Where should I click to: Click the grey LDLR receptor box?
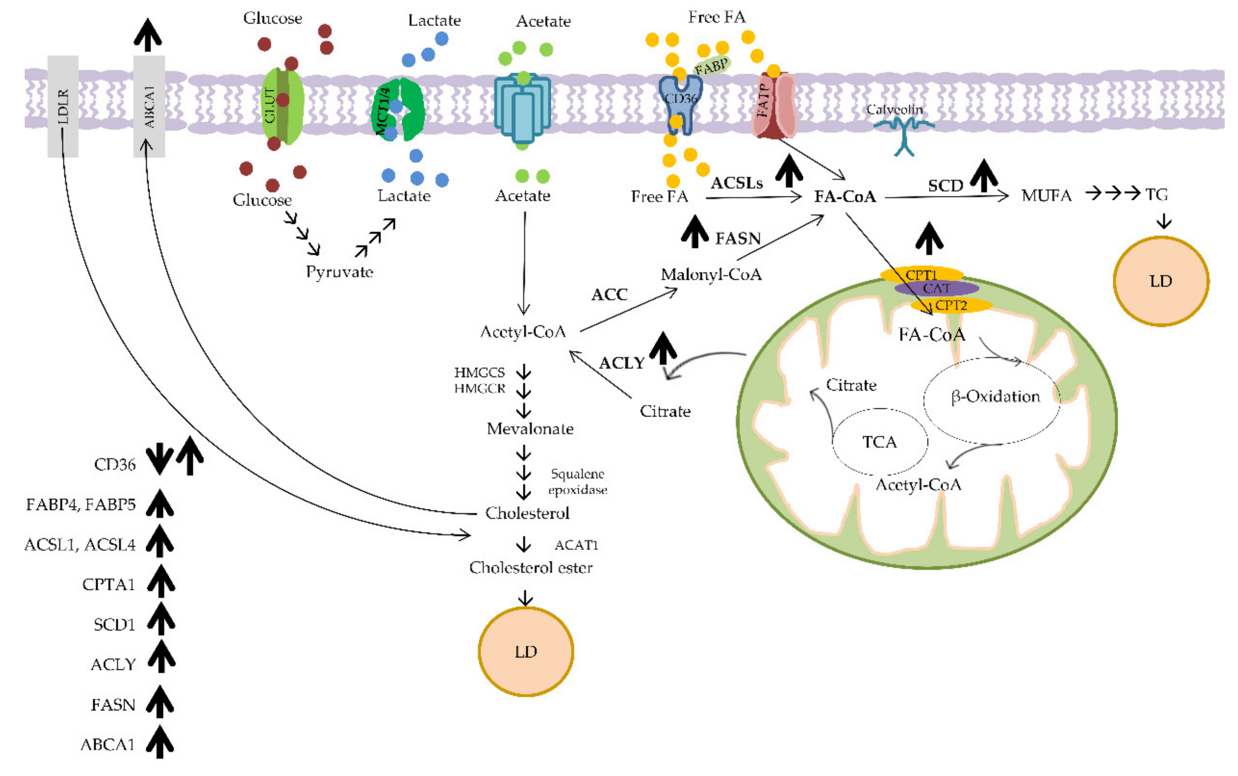click(x=63, y=106)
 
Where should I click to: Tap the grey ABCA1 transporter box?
click(x=149, y=106)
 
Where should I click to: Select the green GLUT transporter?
click(x=283, y=106)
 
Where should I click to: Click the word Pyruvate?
click(x=339, y=272)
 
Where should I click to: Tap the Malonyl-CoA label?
click(x=711, y=275)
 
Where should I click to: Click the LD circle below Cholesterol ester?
click(x=526, y=651)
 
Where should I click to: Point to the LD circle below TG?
click(x=1161, y=281)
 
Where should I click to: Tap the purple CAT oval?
click(x=937, y=289)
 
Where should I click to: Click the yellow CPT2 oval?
click(x=951, y=305)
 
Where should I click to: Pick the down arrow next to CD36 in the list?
click(x=159, y=459)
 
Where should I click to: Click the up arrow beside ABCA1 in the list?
click(x=160, y=742)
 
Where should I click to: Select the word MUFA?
click(x=1046, y=195)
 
